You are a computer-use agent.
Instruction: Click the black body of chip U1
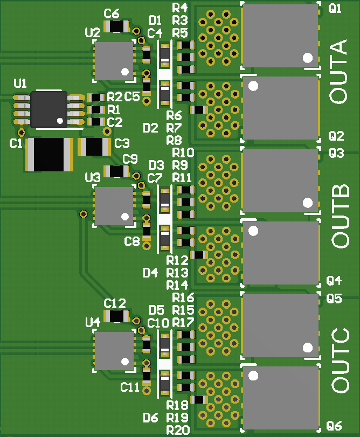(x=49, y=109)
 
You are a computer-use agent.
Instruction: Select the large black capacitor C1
(x=49, y=154)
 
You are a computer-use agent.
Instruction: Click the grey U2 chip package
(x=114, y=60)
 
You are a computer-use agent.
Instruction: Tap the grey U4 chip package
(x=114, y=351)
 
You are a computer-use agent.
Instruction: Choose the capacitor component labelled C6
(x=116, y=26)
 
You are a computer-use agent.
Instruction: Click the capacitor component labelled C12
(x=116, y=316)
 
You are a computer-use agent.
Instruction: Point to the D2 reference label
(x=150, y=128)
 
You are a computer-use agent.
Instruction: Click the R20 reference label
(x=177, y=429)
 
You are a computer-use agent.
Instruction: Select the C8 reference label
(x=132, y=241)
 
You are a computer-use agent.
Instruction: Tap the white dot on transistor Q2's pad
(x=254, y=86)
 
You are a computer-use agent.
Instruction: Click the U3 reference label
(x=93, y=178)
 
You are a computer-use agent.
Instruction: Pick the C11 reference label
(x=130, y=386)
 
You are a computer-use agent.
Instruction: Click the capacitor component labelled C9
(x=116, y=171)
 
